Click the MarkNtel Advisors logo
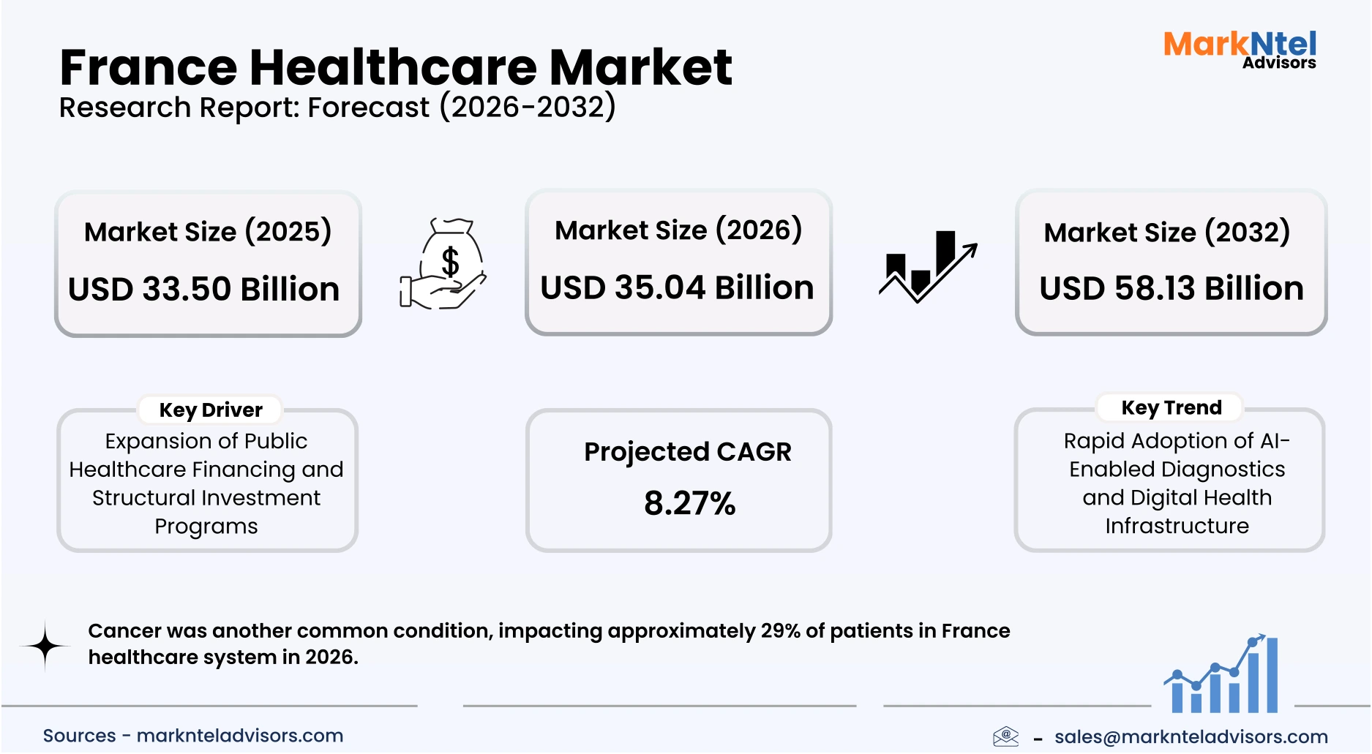pos(1240,50)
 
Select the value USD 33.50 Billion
pos(204,289)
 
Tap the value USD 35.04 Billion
pos(677,287)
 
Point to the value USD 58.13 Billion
pos(1171,288)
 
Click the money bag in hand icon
pos(443,264)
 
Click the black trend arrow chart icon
pos(927,266)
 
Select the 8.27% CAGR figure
pos(689,503)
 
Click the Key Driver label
pos(211,410)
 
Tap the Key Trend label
pos(1171,408)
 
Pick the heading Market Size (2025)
pos(208,232)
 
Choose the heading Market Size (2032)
pos(1166,233)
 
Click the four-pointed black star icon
pos(45,646)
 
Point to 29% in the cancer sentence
pos(780,631)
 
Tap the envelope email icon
pos(1006,736)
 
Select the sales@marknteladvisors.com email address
pos(1191,736)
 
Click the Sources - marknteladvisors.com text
pos(193,736)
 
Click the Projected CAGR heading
pos(687,452)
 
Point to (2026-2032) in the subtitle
pos(528,108)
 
